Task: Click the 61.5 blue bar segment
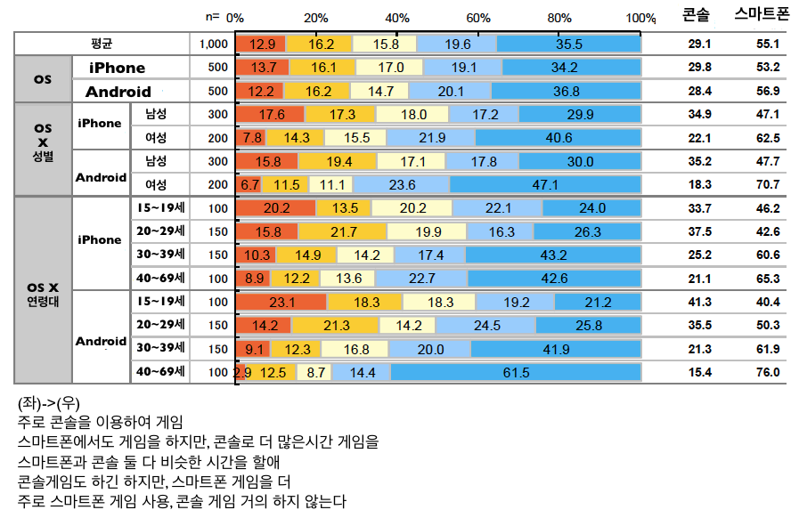tap(516, 372)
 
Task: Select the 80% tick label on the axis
tap(559, 18)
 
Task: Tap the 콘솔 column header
tap(697, 15)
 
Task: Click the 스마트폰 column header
tap(762, 15)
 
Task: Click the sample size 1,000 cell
tap(214, 44)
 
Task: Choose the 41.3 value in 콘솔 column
tap(699, 302)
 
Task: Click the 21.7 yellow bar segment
tap(343, 231)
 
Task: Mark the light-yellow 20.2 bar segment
tap(413, 208)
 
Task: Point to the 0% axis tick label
tap(235, 18)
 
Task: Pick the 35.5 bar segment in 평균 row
tap(568, 44)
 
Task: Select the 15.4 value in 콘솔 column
tap(699, 372)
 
